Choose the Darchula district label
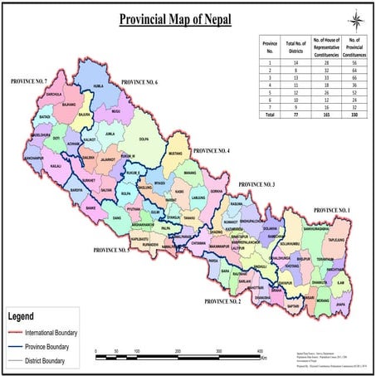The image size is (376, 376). tap(31, 95)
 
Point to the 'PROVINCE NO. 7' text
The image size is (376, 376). tap(29, 82)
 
